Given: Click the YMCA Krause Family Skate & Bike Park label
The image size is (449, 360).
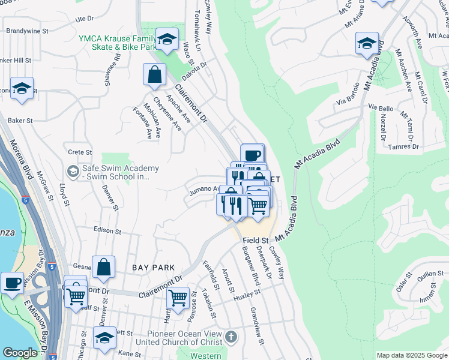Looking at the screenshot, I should point(117,43).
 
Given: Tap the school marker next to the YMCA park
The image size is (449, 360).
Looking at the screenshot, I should point(167,40).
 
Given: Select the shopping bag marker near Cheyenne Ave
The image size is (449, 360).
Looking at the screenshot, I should point(154,75).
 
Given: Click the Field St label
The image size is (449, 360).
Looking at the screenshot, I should point(255,240).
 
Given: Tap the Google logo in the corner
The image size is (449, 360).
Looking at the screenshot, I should point(20,353).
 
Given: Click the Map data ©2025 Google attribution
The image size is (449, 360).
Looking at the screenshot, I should point(411,355).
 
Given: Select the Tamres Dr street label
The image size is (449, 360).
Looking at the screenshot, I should point(403,146).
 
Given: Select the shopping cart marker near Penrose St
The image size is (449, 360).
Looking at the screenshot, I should point(178,297).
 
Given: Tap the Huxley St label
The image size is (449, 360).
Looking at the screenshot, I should point(248,295).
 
